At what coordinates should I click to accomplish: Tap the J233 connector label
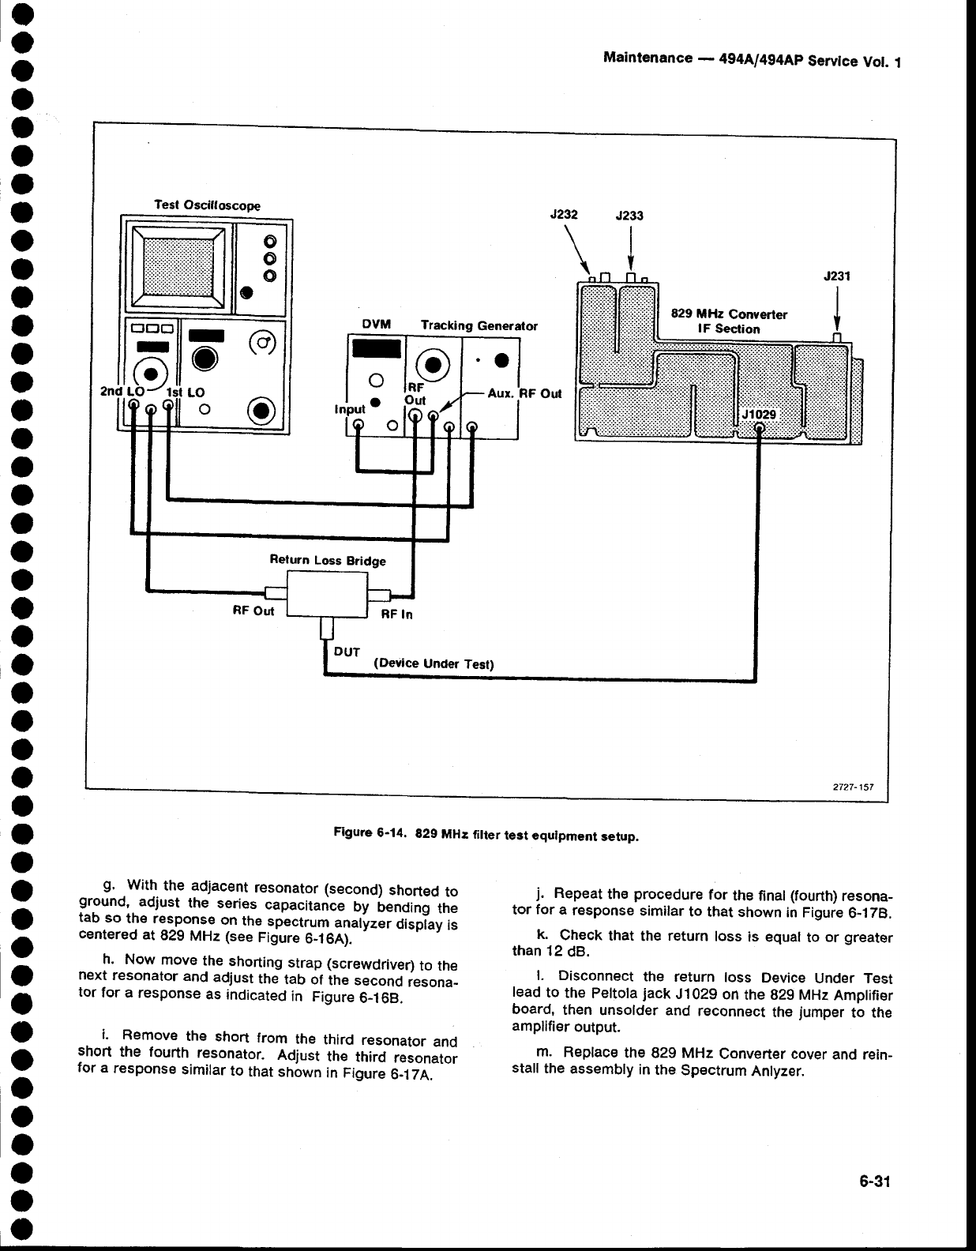(629, 215)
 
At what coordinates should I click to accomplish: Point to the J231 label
(835, 276)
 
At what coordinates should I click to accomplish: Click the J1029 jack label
(759, 415)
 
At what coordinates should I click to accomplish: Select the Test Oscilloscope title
(207, 205)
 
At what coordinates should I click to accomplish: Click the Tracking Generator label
(479, 325)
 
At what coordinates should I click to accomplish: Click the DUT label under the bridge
(347, 652)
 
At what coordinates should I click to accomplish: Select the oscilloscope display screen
(178, 265)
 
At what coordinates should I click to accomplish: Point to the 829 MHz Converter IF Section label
(728, 321)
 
